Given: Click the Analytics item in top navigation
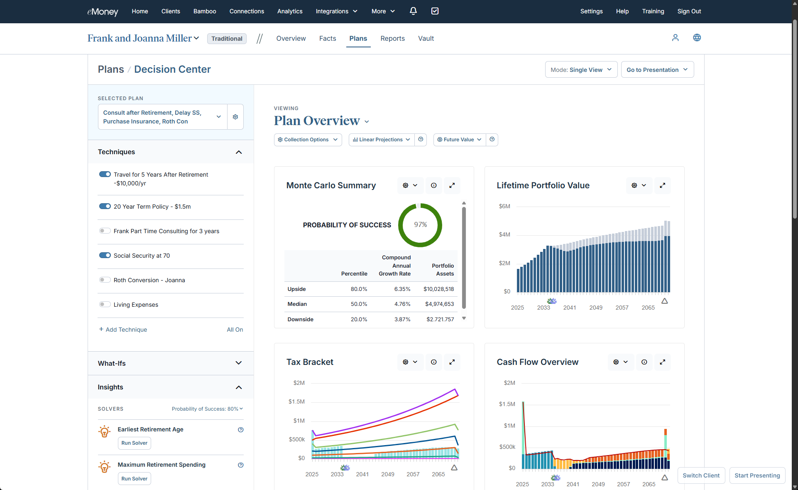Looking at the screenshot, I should point(289,11).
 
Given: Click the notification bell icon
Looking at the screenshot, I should point(413,11).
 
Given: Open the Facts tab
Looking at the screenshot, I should point(327,38).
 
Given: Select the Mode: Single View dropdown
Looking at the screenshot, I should point(580,70).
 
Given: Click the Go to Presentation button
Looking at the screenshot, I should point(657,70).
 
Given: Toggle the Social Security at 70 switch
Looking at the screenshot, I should point(105,255).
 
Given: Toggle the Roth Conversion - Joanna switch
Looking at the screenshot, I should point(105,280).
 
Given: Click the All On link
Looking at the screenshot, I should point(235,330).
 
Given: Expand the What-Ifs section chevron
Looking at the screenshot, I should point(238,363).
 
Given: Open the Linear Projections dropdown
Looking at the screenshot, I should point(381,140).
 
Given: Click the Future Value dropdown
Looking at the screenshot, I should point(459,140).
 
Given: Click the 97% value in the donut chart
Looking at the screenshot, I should point(420,224).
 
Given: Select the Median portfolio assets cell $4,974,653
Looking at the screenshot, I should point(439,304).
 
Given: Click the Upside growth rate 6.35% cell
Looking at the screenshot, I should point(402,289).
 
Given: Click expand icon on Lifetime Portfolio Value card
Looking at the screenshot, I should point(662,185).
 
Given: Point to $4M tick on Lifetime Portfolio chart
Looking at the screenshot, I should point(504,234).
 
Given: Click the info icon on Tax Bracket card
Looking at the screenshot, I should point(433,362).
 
